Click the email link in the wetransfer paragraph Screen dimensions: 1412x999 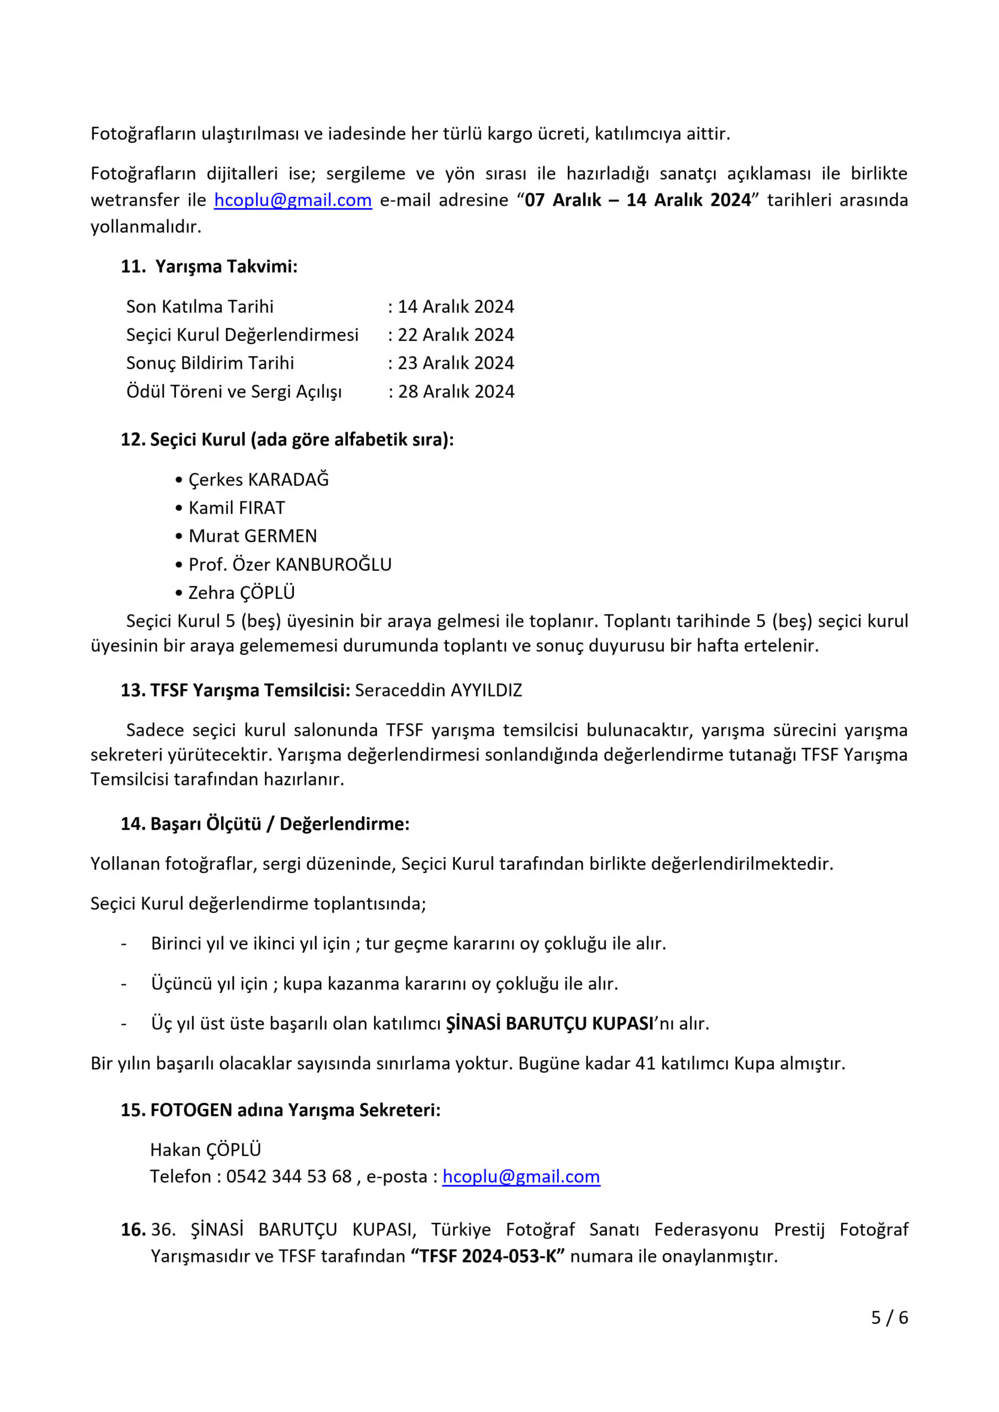point(293,200)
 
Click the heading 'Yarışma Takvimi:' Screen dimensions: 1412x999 point(226,266)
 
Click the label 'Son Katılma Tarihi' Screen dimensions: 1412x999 point(199,306)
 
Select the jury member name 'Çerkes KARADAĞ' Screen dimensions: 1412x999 point(258,479)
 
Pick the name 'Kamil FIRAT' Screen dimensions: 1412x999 point(237,507)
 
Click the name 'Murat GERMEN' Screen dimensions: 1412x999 point(253,536)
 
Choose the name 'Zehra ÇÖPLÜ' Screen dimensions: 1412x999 point(242,592)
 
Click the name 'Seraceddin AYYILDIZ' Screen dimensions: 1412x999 point(438,690)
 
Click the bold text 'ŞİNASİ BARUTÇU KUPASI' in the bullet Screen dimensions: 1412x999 point(549,1023)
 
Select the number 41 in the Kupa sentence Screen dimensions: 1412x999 point(645,1063)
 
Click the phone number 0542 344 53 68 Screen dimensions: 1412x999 point(289,1176)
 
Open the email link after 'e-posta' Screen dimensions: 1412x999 point(521,1176)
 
